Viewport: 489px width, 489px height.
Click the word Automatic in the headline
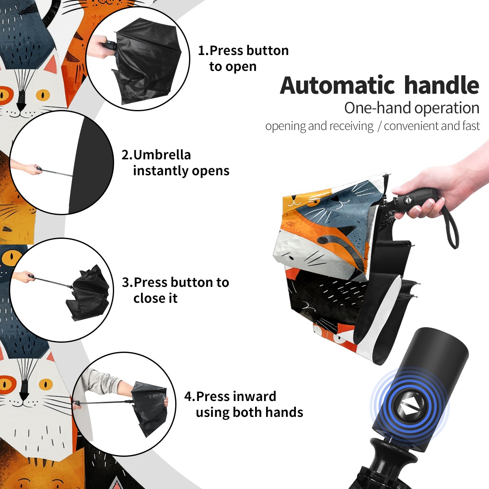pyautogui.click(x=337, y=86)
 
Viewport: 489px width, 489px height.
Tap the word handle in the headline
pyautogui.click(x=442, y=85)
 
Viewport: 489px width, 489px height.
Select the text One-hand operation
pyautogui.click(x=412, y=108)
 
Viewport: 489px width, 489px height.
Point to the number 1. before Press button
pyautogui.click(x=203, y=51)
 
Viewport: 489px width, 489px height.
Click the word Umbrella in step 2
pyautogui.click(x=162, y=155)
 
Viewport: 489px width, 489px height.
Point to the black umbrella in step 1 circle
pyautogui.click(x=147, y=61)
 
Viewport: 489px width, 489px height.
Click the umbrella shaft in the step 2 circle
pyautogui.click(x=57, y=173)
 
